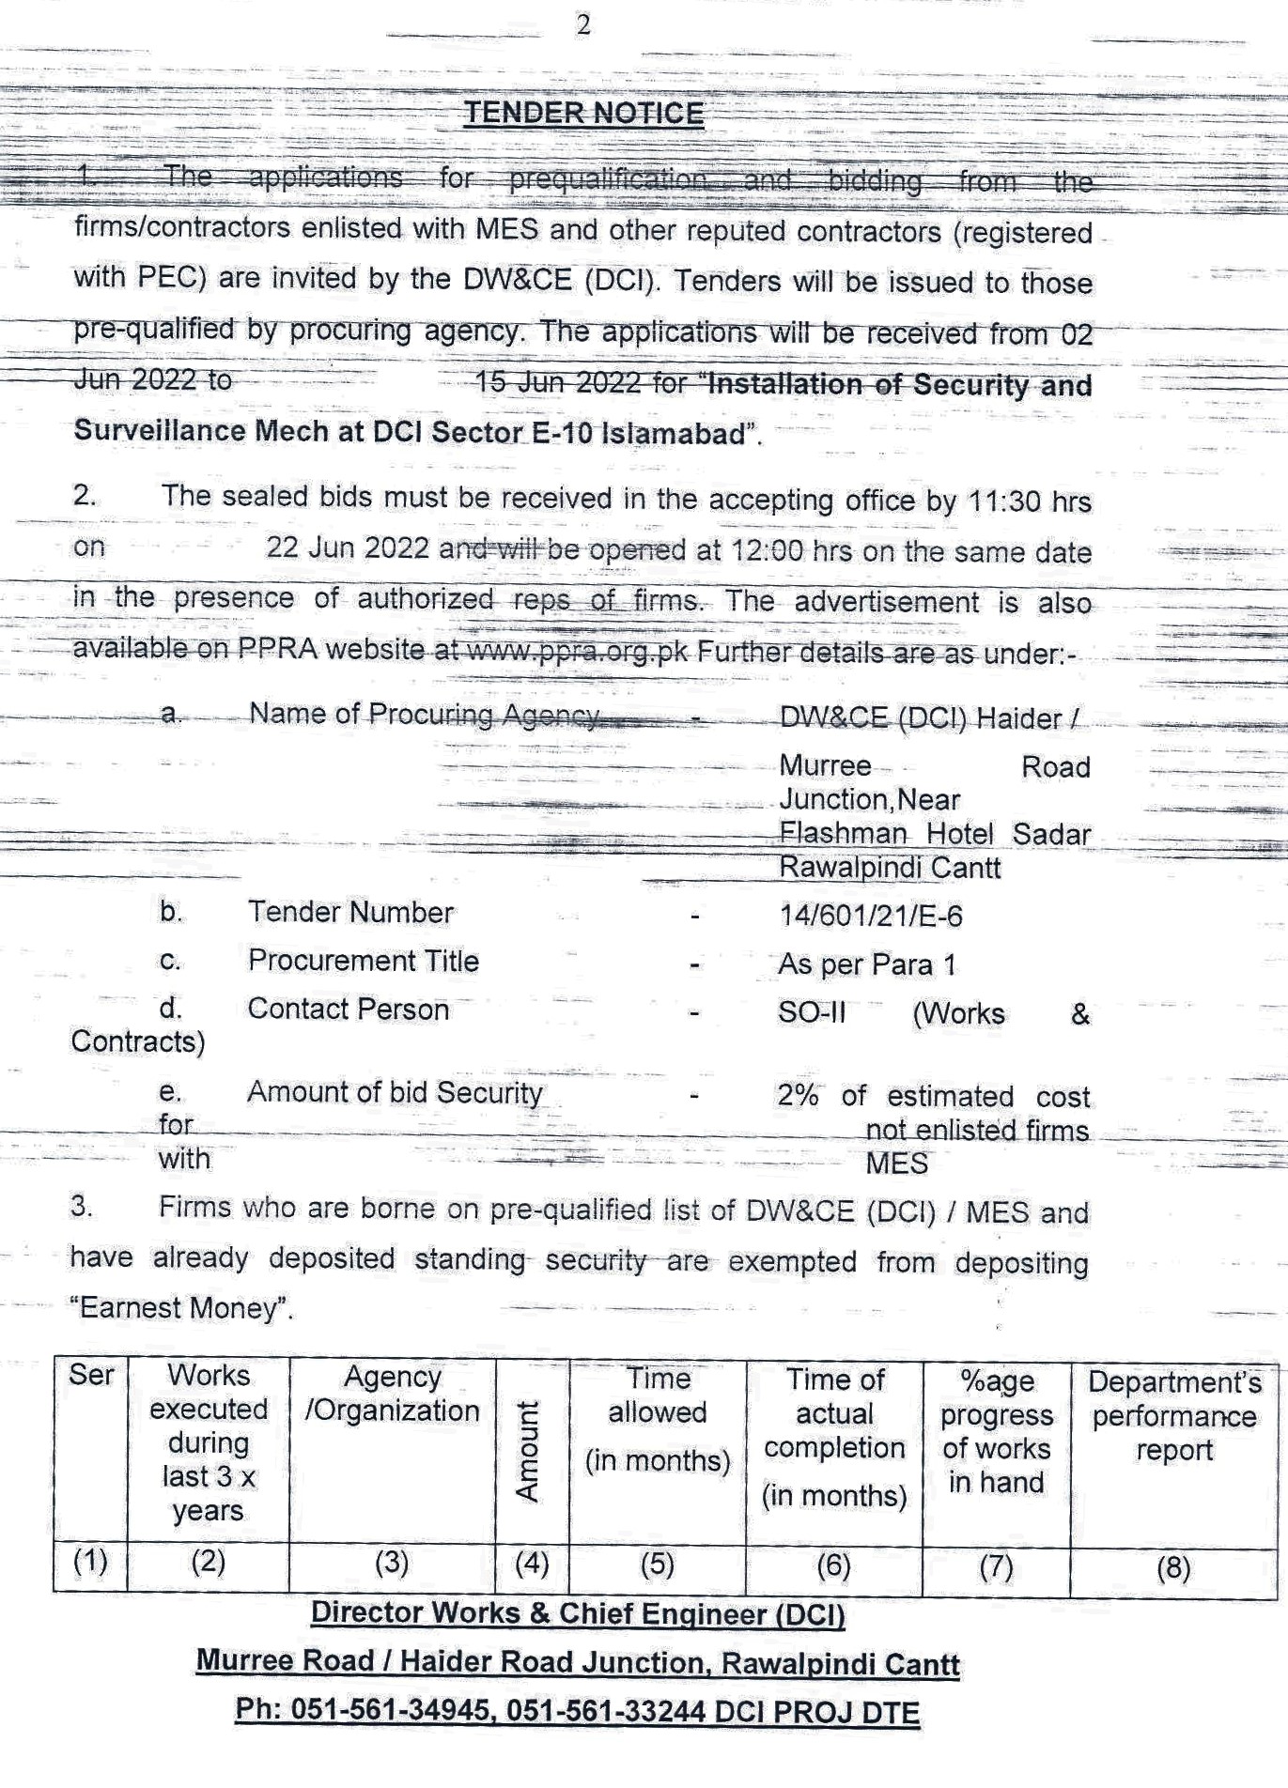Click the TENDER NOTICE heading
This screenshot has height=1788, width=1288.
coord(583,114)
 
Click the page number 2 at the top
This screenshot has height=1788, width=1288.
coord(583,26)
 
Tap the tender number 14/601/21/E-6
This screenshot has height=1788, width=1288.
coord(870,916)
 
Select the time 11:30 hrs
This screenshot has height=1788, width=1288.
coord(1029,501)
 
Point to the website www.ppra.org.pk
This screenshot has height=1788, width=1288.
coord(578,650)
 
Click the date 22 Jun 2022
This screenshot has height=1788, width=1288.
coord(348,547)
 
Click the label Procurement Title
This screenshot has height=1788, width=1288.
coord(363,961)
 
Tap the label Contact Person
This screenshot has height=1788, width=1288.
coord(348,1010)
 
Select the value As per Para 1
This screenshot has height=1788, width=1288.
coord(855,964)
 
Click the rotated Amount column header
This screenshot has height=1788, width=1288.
coord(529,1450)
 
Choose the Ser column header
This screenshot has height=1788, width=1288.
coord(90,1376)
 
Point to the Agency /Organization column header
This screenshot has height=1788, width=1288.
coord(392,1394)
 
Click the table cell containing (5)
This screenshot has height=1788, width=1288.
coord(657,1564)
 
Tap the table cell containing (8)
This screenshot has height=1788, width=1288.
coord(1172,1567)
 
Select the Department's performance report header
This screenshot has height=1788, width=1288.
coord(1174,1415)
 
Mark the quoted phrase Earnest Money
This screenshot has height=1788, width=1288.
coord(181,1308)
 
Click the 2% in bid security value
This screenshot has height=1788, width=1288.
coord(797,1095)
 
